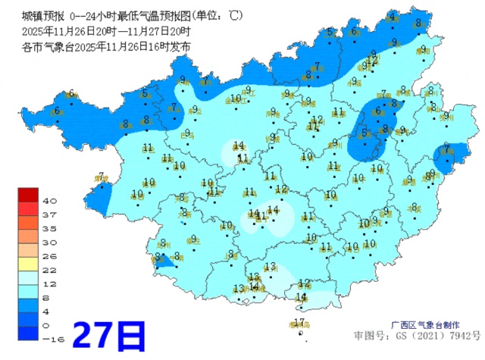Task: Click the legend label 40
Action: point(49,201)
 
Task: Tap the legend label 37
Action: point(49,214)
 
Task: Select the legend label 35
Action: point(49,228)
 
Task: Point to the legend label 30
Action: point(49,242)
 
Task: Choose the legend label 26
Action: point(49,256)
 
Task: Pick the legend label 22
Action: point(49,270)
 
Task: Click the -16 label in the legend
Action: point(51,339)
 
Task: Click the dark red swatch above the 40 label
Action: point(29,194)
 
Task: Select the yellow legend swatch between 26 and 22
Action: point(29,263)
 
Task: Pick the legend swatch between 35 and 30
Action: point(29,235)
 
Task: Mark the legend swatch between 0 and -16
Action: point(29,332)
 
